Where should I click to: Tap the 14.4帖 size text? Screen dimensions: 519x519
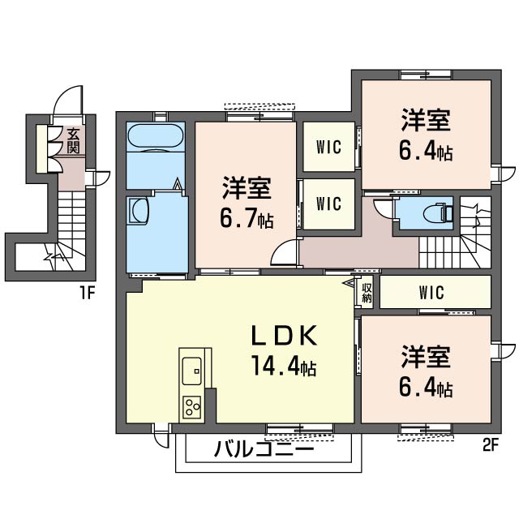283,367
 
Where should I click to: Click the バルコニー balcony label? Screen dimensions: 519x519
264,448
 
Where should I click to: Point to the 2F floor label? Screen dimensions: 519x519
489,444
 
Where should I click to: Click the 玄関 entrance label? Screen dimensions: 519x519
73,141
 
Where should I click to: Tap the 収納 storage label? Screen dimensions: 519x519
367,292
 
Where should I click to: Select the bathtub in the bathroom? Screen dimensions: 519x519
156,140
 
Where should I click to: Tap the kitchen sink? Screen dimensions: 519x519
192,371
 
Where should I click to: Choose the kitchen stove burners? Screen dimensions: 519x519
192,405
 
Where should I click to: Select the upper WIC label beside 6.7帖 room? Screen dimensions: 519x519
328,148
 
